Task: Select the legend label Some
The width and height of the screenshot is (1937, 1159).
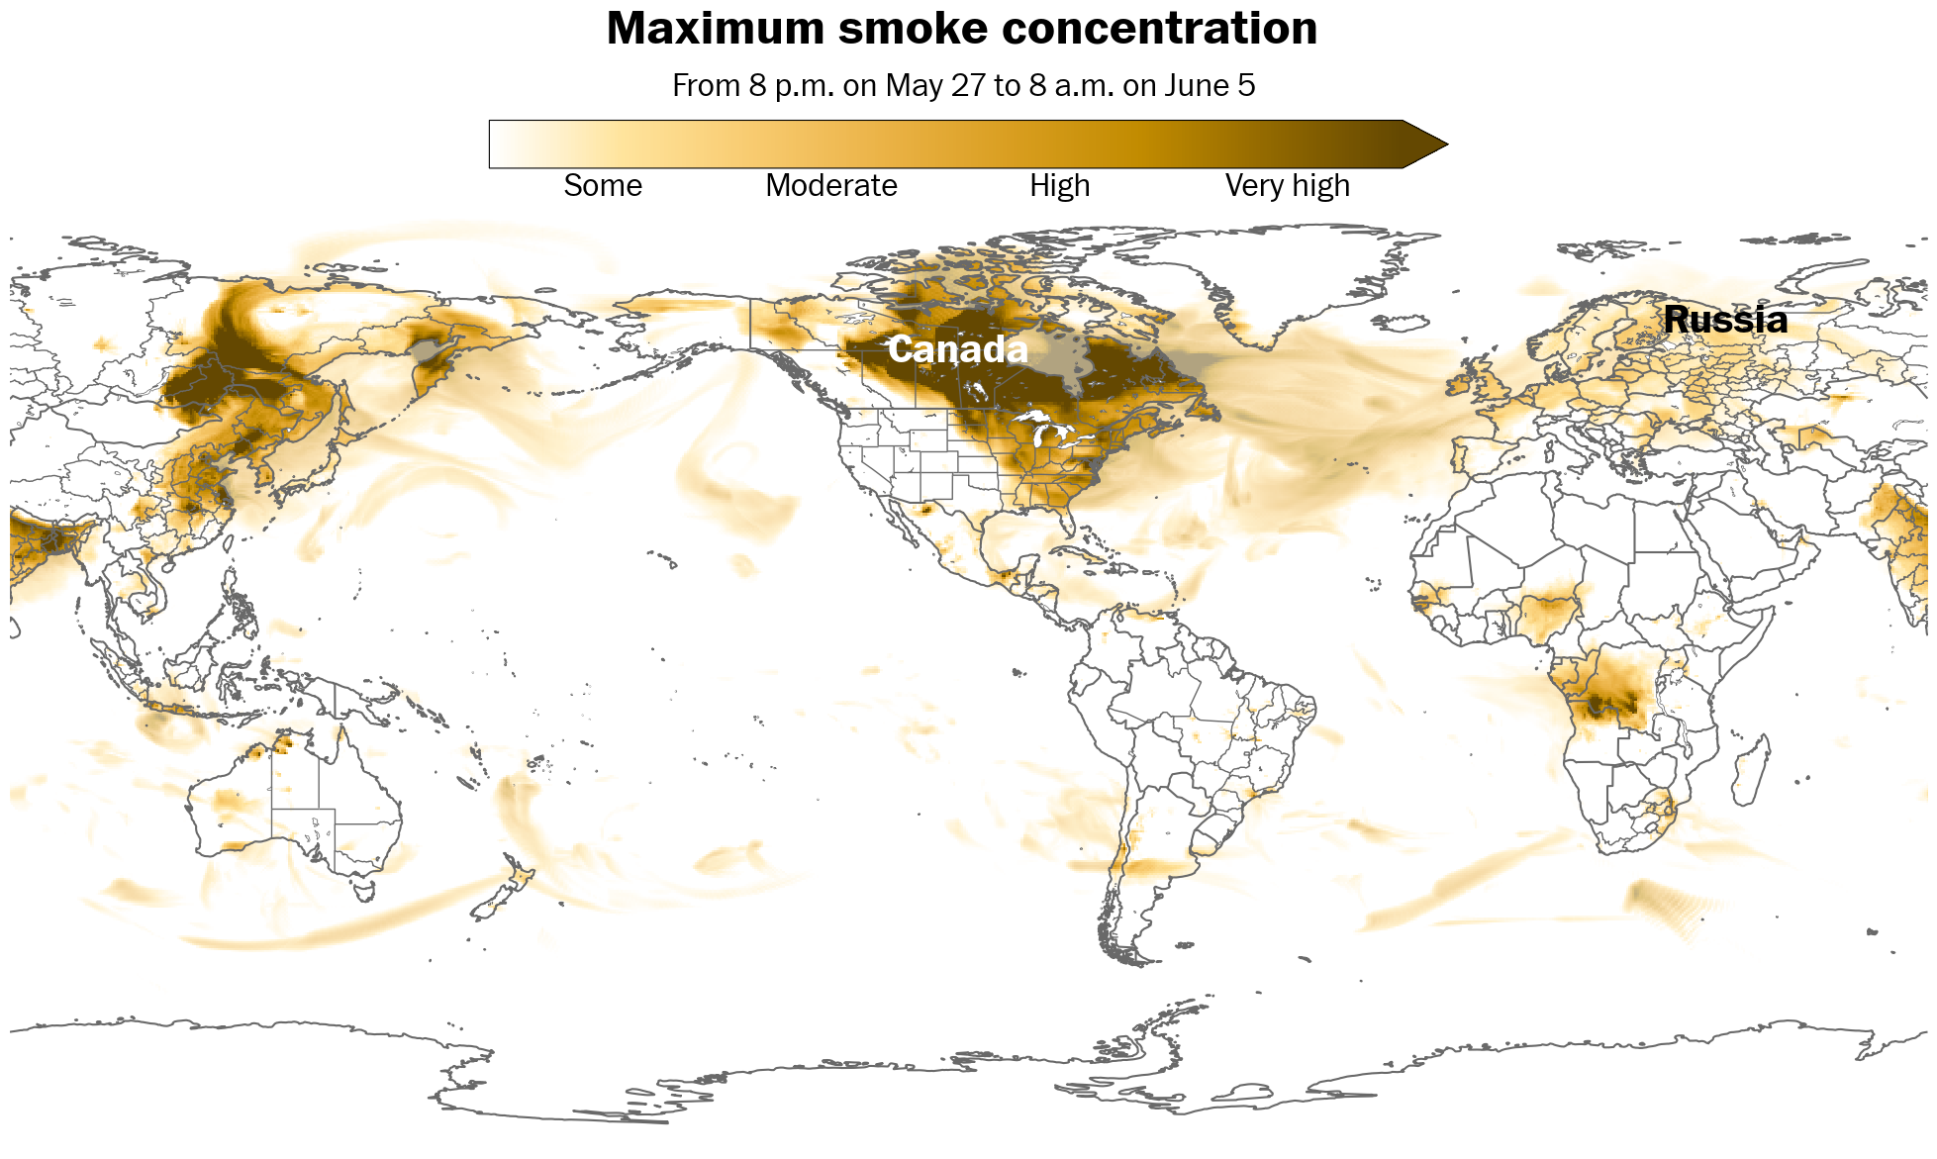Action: [603, 186]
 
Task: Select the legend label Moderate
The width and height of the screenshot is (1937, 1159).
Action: [830, 186]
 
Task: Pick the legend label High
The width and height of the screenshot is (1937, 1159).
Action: [1059, 186]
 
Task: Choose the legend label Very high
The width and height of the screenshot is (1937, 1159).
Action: [1287, 186]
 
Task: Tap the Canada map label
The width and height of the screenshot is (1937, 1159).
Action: [957, 349]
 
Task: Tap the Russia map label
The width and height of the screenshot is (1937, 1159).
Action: [1725, 320]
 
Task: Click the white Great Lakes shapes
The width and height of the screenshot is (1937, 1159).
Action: [1049, 431]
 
